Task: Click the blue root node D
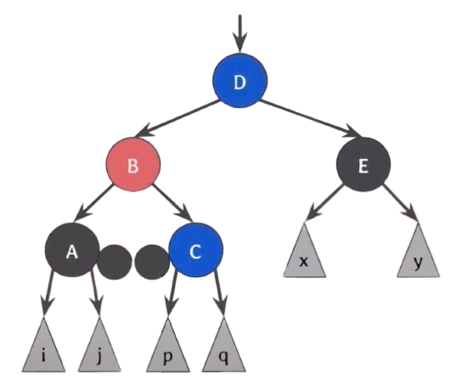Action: pos(240,81)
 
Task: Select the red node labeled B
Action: pos(133,164)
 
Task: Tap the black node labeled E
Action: pos(364,164)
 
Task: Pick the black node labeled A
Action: pos(72,250)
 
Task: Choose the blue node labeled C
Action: pos(196,250)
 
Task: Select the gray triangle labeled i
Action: pos(43,350)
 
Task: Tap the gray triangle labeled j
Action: pos(99,350)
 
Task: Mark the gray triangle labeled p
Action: pos(167,350)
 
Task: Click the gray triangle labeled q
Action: pos(223,350)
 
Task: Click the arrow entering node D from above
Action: pos(240,33)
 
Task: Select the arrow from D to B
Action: pos(178,119)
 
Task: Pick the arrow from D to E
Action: pos(310,119)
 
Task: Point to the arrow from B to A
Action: pos(93,204)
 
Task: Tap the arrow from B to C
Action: pos(172,204)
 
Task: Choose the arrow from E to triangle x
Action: pos(324,204)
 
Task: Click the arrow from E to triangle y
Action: pos(400,204)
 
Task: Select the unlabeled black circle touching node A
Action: pos(115,263)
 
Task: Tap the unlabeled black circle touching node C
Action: pos(152,263)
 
